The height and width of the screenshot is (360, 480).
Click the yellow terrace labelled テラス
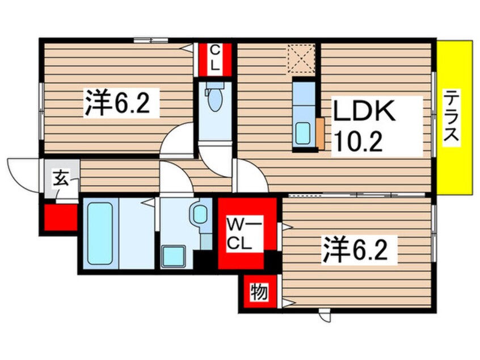454,118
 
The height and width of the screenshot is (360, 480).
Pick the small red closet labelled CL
214,58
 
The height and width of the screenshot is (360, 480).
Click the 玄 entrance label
60,179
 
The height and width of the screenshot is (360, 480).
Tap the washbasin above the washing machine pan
199,214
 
